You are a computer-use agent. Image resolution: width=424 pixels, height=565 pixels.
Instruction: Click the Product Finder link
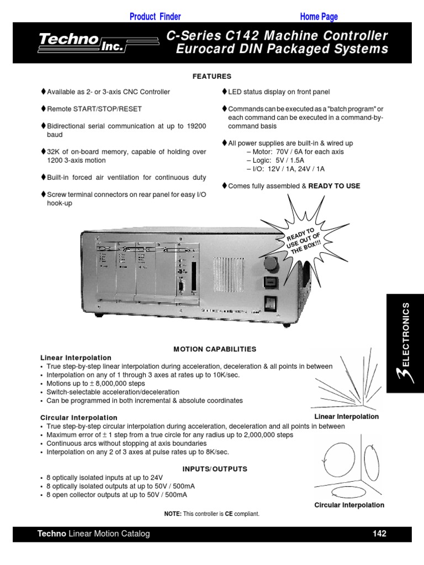(155, 17)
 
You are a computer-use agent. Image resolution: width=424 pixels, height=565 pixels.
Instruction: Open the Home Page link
(319, 17)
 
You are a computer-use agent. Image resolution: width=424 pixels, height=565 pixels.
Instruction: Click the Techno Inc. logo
(83, 43)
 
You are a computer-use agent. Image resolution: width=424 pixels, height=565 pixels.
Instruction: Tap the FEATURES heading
(212, 77)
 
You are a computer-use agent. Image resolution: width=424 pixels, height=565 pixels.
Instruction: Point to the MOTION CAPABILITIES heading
(215, 349)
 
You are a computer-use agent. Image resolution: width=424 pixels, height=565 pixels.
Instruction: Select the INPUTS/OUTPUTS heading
(215, 469)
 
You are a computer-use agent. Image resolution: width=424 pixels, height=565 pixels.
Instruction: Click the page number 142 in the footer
(379, 534)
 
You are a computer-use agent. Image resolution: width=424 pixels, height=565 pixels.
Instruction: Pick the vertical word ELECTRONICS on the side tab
(406, 335)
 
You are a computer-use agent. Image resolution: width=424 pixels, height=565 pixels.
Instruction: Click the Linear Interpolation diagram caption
(346, 417)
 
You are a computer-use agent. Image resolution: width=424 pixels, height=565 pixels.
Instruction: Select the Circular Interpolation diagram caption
(349, 505)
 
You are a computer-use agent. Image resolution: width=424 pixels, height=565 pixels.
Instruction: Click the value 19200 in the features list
(196, 126)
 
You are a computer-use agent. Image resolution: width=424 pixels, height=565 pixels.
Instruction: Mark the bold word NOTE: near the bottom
(173, 514)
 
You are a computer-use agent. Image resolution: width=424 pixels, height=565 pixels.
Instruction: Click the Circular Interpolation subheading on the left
(79, 418)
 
